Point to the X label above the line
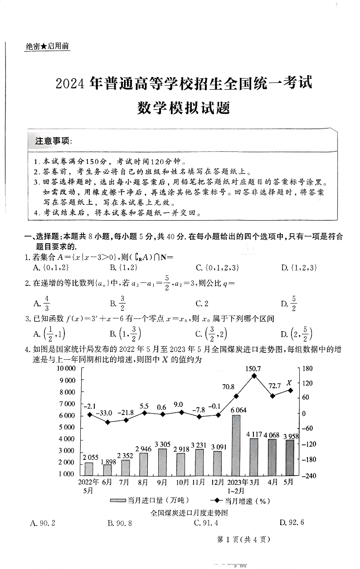[x=289, y=383]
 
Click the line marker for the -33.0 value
[x=107, y=422]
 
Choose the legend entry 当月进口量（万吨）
[x=150, y=501]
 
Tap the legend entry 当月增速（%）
[x=240, y=501]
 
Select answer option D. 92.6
[x=292, y=522]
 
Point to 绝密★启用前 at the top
[x=48, y=46]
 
